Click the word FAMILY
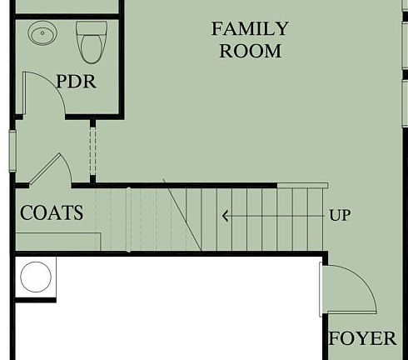coord(250,29)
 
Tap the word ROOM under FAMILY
coord(250,51)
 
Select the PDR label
coord(76,82)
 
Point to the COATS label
coord(52,213)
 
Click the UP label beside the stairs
coord(340,216)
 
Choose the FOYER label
coord(362,339)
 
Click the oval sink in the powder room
coord(42,35)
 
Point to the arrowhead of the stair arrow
coord(224,216)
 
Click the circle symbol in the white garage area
coord(36,276)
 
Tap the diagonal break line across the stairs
coord(182,216)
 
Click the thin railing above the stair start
coord(302,185)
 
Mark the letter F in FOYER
coord(335,339)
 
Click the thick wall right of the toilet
coord(122,58)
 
